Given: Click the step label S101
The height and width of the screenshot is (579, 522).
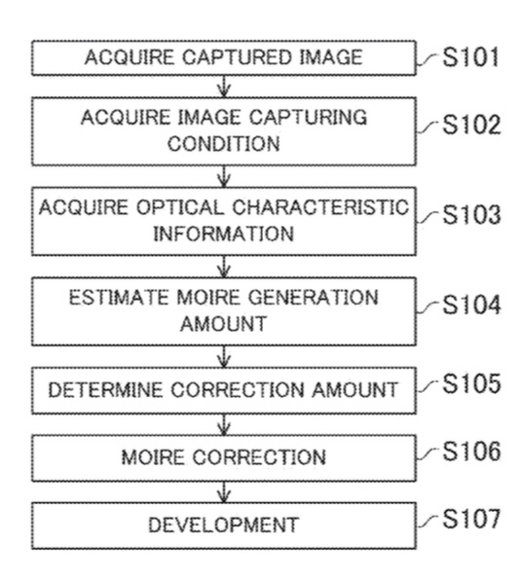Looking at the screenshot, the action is [x=470, y=56].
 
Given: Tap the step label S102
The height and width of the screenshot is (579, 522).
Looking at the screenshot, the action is [x=471, y=125].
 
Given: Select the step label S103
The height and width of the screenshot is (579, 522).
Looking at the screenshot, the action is [x=471, y=214].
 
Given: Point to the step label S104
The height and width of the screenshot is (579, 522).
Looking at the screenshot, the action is [x=471, y=305].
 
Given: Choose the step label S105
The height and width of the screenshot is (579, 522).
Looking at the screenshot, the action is [x=471, y=383].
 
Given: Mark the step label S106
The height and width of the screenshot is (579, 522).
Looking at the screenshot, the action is [x=471, y=451].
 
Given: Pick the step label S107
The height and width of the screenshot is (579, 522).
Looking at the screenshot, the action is [x=471, y=519].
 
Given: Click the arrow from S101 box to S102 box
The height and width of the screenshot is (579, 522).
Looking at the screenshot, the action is [x=224, y=87].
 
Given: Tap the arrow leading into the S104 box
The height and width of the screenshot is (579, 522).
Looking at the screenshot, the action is [x=224, y=267].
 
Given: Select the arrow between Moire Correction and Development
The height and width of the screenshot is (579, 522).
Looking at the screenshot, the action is [x=224, y=491].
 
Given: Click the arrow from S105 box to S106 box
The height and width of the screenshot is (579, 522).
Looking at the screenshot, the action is [x=224, y=424].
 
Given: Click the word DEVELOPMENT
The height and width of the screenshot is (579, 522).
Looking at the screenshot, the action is [x=223, y=525].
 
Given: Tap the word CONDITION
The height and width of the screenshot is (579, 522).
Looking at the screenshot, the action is [x=223, y=143].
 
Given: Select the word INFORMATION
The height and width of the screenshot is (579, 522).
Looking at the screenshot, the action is [x=223, y=234].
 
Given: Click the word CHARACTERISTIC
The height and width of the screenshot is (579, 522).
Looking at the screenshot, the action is [x=320, y=207].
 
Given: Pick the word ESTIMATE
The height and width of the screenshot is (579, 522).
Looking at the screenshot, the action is [x=118, y=297].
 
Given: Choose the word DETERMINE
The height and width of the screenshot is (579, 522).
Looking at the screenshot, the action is [x=105, y=390].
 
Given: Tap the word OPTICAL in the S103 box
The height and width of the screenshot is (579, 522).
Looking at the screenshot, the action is [x=180, y=207].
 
